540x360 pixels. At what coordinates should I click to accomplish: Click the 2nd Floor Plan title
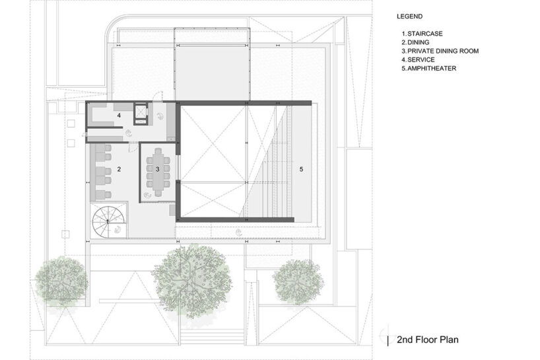point(427,340)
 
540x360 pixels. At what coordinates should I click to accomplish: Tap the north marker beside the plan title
point(388,340)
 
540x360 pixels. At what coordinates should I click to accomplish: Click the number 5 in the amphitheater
point(300,170)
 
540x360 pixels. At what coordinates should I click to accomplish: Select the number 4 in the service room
point(119,116)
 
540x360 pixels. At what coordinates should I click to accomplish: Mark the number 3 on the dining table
point(157,169)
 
